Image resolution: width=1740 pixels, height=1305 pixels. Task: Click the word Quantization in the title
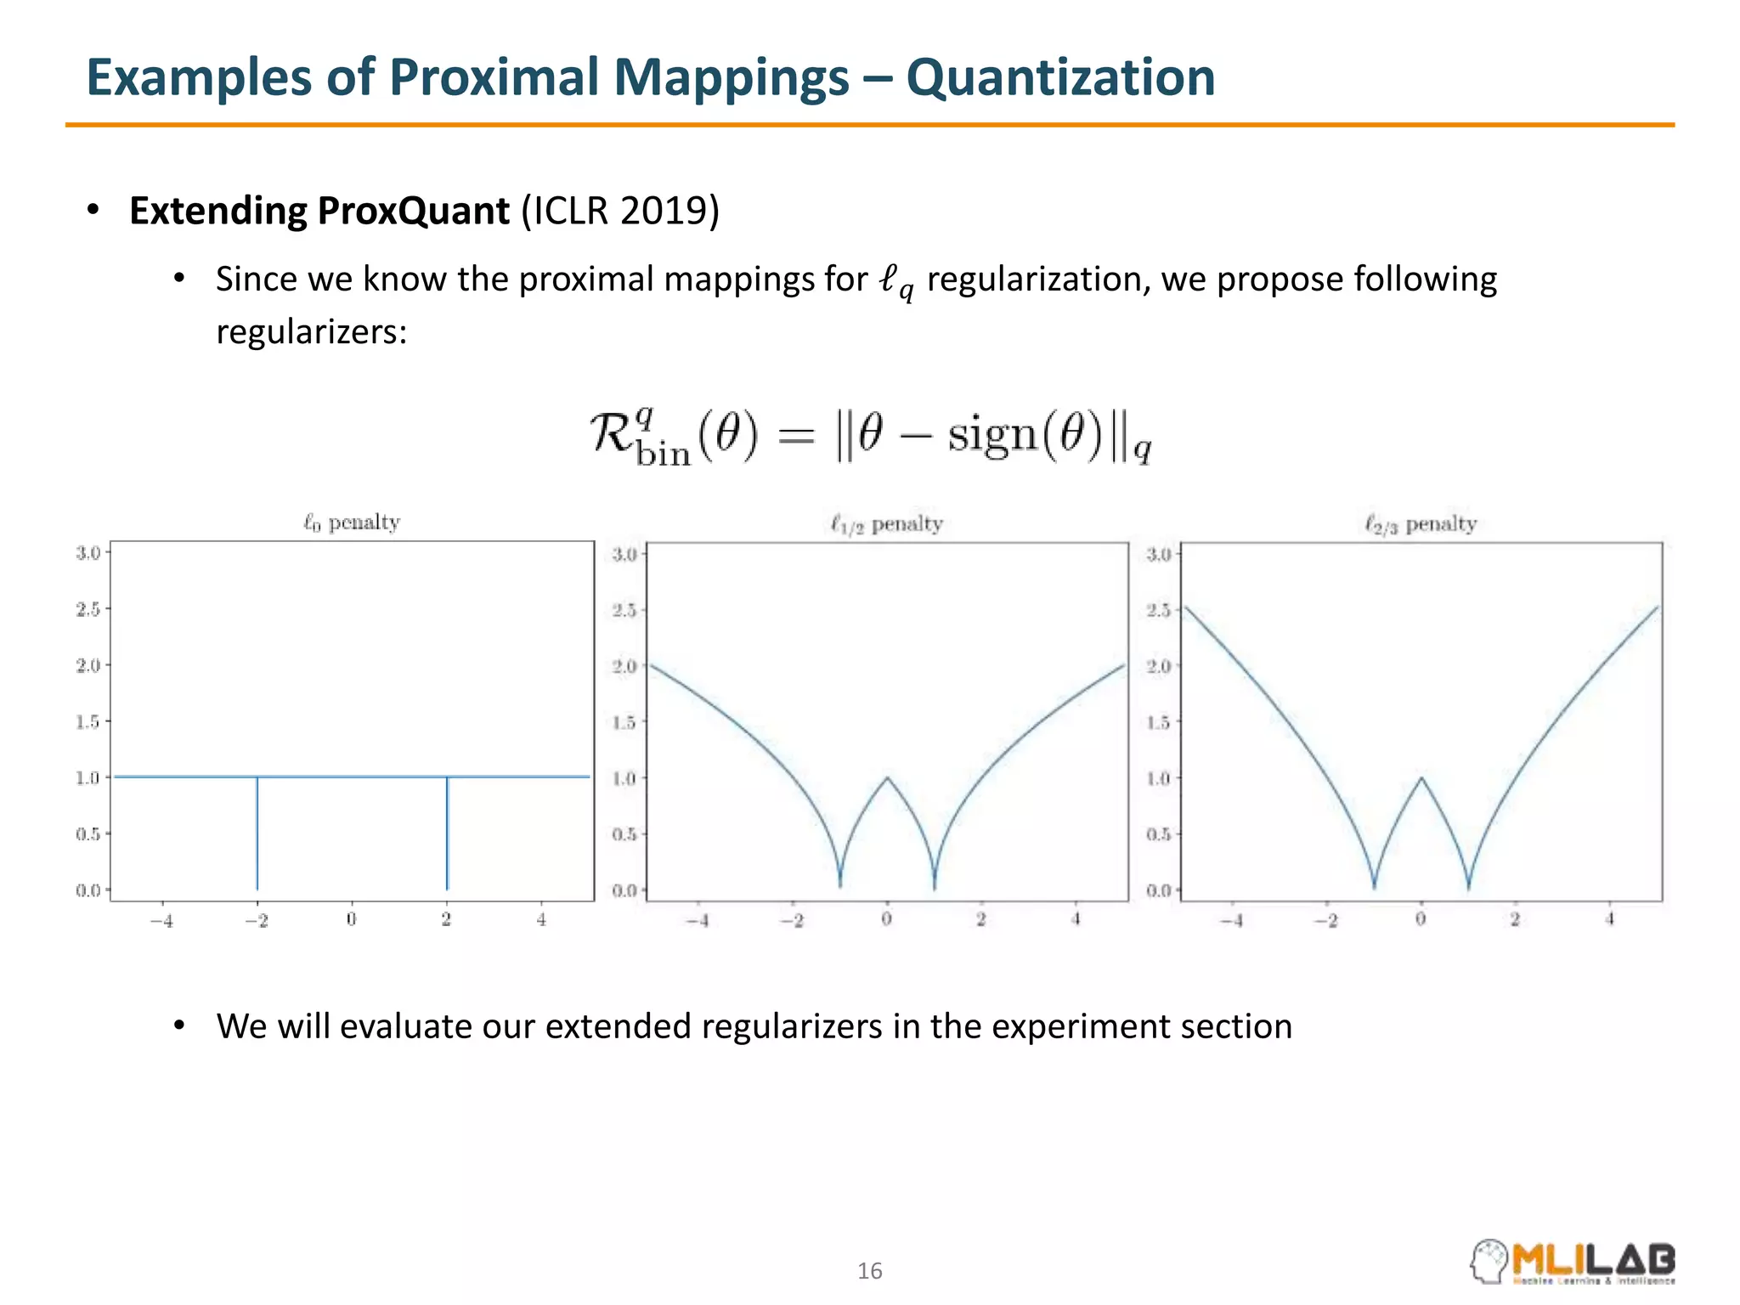click(x=1059, y=78)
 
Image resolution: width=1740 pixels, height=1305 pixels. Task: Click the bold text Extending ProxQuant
click(x=319, y=211)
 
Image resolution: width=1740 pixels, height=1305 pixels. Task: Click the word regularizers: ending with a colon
click(x=311, y=331)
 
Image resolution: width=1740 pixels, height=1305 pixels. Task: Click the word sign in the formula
click(x=992, y=435)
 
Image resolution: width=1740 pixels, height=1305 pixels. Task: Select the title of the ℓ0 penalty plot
click(x=352, y=523)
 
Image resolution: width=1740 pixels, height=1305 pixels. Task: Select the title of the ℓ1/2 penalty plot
click(x=886, y=524)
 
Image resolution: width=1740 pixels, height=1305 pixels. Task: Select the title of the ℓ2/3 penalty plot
click(x=1421, y=524)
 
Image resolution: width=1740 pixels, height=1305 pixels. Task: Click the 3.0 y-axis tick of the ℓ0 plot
click(x=88, y=553)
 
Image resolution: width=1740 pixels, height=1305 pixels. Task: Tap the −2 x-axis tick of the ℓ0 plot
click(x=256, y=920)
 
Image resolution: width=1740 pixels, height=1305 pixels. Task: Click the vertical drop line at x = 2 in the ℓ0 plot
click(x=447, y=833)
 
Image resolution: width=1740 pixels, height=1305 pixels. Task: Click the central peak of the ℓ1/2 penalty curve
click(x=887, y=778)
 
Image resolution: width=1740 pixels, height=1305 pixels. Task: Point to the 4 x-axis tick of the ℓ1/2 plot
click(x=1076, y=919)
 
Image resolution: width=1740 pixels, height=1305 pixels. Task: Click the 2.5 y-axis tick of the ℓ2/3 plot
click(x=1158, y=610)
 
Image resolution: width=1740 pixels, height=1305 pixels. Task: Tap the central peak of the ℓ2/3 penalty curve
click(x=1421, y=778)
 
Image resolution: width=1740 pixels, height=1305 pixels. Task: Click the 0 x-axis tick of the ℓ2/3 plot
click(x=1421, y=919)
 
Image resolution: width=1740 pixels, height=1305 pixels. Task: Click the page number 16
click(x=870, y=1271)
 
